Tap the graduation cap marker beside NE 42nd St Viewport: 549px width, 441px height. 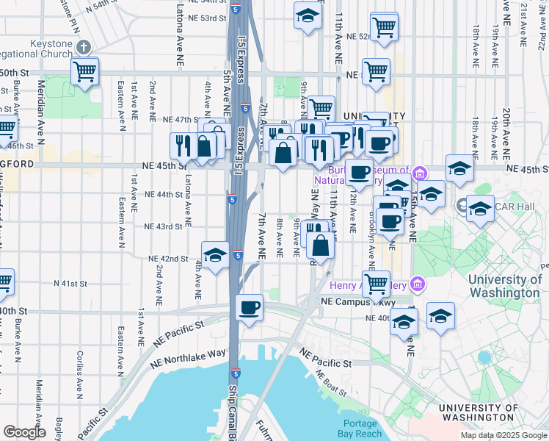(215, 255)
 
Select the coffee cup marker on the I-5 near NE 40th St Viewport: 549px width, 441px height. (250, 306)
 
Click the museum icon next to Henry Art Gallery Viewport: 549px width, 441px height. (417, 283)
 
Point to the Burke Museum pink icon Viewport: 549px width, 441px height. (419, 173)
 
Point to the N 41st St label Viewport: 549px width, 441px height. (70, 283)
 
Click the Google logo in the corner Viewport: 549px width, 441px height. (24, 432)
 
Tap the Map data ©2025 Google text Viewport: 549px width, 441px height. (503, 435)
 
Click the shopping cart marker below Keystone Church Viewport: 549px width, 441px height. (85, 71)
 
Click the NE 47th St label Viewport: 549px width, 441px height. (181, 119)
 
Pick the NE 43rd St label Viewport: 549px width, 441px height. (164, 226)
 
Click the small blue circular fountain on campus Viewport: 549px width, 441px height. (484, 358)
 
